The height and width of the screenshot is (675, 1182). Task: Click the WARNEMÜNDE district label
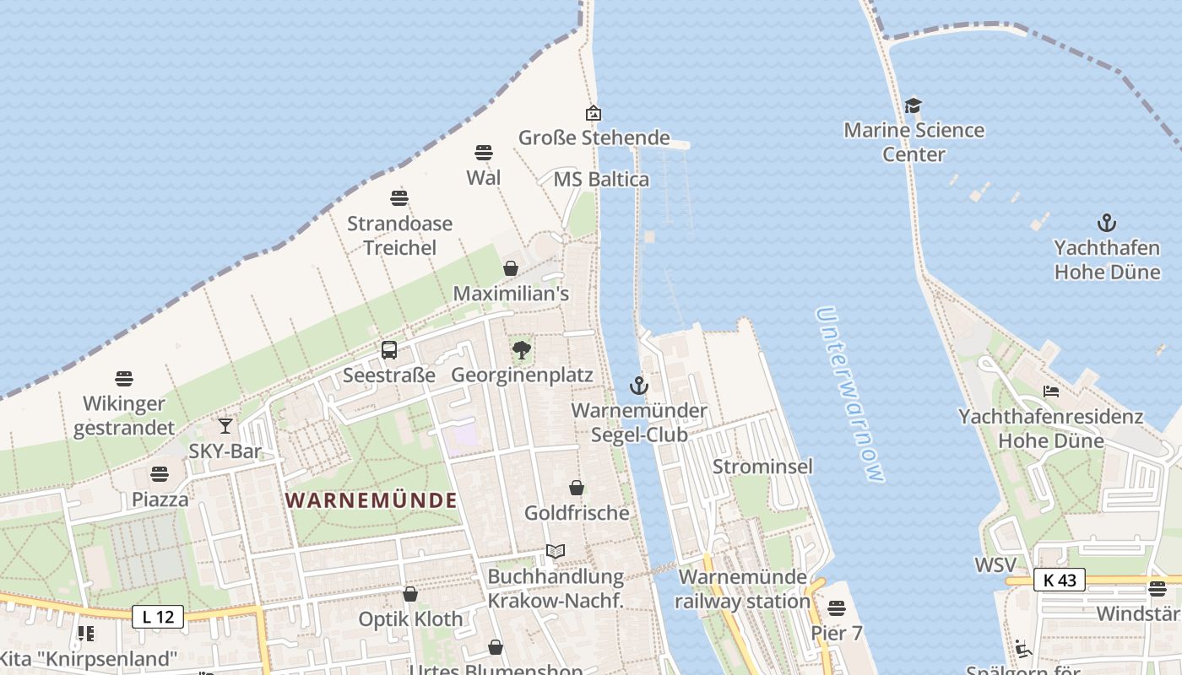[x=371, y=500]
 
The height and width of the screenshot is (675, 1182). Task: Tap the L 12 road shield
[x=158, y=617]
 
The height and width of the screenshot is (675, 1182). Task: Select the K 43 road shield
[x=1060, y=580]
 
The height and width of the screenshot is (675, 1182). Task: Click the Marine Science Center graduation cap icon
[x=914, y=106]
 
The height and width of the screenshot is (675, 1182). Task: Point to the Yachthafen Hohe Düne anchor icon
[x=1106, y=224]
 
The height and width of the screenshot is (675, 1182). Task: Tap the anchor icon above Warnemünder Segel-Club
[x=639, y=386]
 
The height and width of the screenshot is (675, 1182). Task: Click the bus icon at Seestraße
[x=389, y=350]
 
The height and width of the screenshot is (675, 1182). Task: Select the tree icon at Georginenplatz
[x=522, y=350]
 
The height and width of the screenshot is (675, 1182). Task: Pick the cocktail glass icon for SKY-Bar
[x=225, y=426]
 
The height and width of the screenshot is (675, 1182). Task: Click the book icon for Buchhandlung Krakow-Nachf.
[x=555, y=552]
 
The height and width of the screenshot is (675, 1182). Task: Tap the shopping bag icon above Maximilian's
[x=511, y=268]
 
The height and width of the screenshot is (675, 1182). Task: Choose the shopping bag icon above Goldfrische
[x=577, y=488]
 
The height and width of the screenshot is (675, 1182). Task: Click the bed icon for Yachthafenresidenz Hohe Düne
[x=1051, y=391]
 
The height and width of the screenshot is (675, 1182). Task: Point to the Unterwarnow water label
[x=850, y=395]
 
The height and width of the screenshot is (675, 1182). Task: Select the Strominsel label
[x=762, y=467]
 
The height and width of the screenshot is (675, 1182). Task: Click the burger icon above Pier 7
[x=837, y=607]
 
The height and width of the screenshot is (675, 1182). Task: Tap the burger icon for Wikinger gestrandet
[x=124, y=379]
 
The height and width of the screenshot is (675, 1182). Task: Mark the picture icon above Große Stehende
[x=594, y=113]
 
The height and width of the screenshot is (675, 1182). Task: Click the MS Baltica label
[x=601, y=179]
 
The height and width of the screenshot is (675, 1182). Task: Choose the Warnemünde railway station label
[x=743, y=589]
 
